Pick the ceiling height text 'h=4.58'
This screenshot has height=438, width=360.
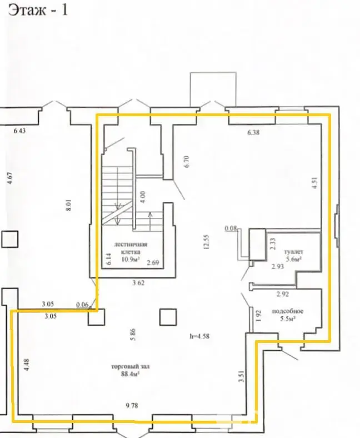click(x=202, y=336)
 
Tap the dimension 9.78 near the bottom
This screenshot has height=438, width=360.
click(x=132, y=406)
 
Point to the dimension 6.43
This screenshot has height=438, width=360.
click(x=20, y=131)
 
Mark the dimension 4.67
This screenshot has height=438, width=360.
click(x=9, y=182)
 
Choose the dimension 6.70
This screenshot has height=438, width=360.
click(x=187, y=161)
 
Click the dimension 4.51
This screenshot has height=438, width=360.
click(x=314, y=183)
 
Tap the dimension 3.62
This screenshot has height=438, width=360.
click(x=139, y=283)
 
